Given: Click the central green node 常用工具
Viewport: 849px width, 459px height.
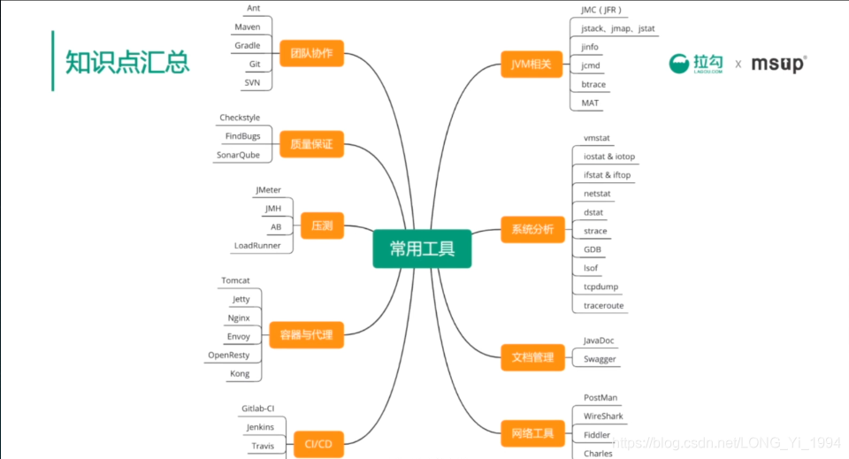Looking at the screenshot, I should pos(422,249).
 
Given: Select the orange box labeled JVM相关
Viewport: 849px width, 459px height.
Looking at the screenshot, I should pos(532,65).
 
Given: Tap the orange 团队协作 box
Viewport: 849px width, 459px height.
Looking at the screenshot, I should pos(311,52).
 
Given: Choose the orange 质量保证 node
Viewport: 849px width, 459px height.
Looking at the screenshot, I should pos(311,143).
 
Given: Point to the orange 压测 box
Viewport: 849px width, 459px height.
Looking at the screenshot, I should pos(322,226).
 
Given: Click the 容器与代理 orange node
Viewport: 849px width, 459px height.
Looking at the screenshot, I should pos(306,335).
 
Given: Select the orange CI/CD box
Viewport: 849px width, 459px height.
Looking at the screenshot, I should pos(317,444).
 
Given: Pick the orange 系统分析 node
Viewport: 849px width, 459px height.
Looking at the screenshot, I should pos(532,230).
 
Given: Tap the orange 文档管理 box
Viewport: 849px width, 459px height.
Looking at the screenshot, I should pos(532,357).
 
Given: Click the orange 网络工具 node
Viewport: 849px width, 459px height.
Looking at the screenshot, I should pos(532,433).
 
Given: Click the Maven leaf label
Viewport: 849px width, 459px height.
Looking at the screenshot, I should pos(248,27).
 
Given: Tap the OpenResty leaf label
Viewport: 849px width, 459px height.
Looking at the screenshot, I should pos(229,355).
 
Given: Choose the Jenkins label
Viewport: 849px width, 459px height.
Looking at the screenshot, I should pos(260,427).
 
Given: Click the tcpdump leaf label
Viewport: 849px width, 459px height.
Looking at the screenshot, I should pos(600,287).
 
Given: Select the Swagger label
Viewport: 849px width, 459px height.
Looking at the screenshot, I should pos(600,359).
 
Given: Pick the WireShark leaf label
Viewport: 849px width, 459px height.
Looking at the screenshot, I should pos(603,416).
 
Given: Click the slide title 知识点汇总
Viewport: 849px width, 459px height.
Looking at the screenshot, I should pos(126,63).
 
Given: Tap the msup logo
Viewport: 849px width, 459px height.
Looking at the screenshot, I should pos(778,64).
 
